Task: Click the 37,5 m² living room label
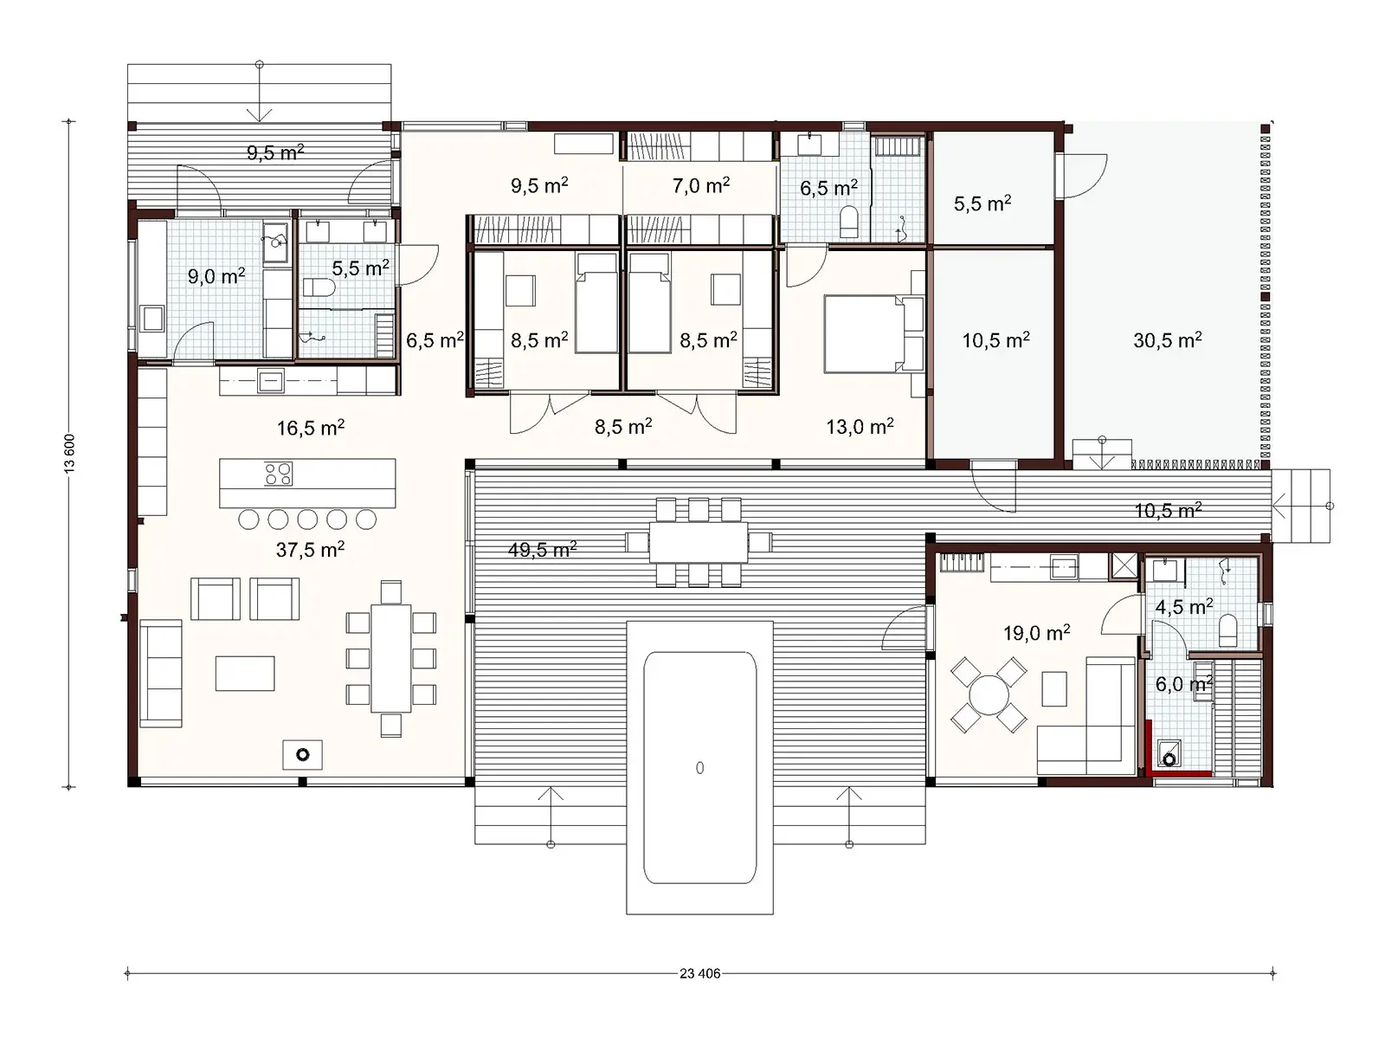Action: coord(310,549)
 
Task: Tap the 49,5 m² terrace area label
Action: coord(542,549)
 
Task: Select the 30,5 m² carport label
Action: coord(1167,340)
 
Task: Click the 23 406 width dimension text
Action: coord(699,973)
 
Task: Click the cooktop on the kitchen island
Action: coord(279,474)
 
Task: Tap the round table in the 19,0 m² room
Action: coord(989,694)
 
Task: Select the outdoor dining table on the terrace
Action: coord(698,542)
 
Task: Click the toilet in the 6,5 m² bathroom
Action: coord(849,223)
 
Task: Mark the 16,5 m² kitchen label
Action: coord(310,428)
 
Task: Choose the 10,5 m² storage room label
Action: coord(995,340)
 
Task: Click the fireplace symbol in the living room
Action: coord(302,755)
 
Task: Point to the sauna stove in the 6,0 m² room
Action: coord(1169,758)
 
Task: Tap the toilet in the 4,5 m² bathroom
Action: coord(1227,631)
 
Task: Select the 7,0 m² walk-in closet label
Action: coord(700,185)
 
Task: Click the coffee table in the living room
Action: coord(245,673)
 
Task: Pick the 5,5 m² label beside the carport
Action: coord(982,203)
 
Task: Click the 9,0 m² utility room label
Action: coord(216,276)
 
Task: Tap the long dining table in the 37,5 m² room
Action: coord(390,658)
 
